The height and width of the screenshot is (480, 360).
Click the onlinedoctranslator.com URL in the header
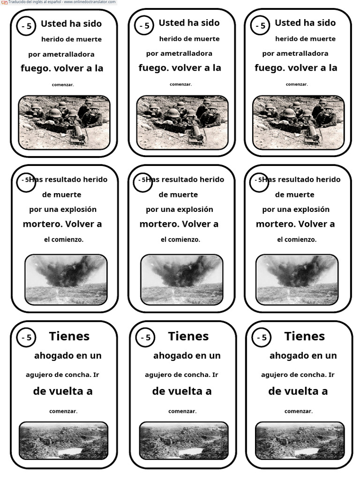click(x=90, y=2)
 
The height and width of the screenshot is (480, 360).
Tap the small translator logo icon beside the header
click(x=4, y=2)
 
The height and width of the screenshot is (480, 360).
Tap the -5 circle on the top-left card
click(x=27, y=27)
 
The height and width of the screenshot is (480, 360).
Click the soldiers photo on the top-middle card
click(x=182, y=123)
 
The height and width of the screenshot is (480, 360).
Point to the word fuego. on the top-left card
click(x=36, y=68)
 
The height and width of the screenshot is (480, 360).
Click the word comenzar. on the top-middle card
click(x=180, y=84)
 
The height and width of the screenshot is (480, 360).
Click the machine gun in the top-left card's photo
click(x=78, y=135)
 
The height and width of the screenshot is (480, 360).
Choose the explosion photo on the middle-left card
click(x=66, y=279)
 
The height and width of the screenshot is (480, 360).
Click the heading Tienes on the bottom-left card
click(x=69, y=336)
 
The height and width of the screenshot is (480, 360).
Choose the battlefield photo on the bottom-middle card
click(x=183, y=441)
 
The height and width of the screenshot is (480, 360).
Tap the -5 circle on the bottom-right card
click(x=262, y=337)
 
